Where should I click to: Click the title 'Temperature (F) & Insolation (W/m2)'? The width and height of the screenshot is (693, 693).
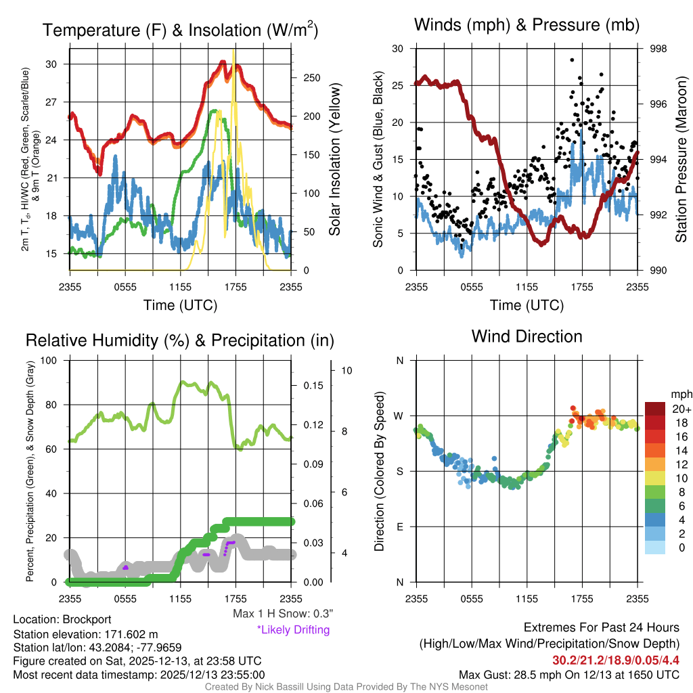(x=180, y=30)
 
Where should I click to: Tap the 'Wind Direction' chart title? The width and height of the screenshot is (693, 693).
(x=527, y=336)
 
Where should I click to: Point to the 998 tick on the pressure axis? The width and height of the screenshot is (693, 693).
(x=658, y=49)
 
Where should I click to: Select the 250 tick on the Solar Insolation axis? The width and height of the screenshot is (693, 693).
(x=311, y=78)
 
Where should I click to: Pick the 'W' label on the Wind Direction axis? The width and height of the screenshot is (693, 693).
(x=400, y=416)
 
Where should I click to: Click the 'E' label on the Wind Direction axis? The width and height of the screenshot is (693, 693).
(x=400, y=527)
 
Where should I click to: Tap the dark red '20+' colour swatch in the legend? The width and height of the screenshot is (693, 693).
(x=656, y=409)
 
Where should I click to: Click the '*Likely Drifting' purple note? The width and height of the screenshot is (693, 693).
(x=293, y=629)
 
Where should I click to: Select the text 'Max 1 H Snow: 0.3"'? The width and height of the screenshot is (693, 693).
(x=282, y=614)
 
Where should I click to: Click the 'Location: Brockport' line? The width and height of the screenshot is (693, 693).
(x=62, y=619)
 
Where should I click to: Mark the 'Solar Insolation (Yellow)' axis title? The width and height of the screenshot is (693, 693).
(x=335, y=159)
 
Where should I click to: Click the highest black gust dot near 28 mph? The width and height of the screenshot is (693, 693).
(x=572, y=60)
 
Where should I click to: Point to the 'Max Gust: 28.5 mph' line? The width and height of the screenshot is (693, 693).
(x=568, y=674)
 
